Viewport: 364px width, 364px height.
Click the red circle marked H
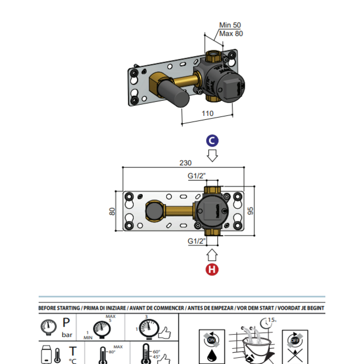(212, 269)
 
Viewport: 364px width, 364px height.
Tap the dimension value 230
(185, 163)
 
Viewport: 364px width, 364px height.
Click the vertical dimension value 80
(113, 211)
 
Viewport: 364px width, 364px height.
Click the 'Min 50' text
(230, 25)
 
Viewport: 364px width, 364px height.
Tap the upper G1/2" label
(197, 175)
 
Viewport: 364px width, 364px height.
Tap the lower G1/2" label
(197, 242)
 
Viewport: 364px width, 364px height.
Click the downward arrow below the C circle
(212, 155)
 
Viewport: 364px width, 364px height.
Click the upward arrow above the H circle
(212, 255)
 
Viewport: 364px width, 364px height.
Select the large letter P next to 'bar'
(66, 323)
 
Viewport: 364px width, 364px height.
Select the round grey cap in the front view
(153, 211)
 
